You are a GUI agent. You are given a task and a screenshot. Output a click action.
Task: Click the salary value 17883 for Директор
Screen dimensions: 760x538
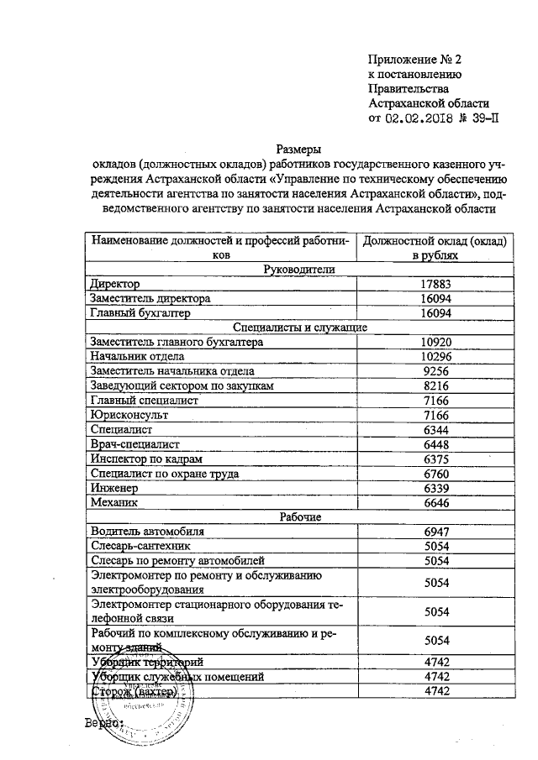click(435, 285)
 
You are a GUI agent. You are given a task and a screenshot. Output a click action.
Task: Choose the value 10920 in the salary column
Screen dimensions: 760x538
click(435, 343)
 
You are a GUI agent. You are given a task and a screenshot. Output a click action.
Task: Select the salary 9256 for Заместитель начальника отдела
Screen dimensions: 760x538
click(435, 371)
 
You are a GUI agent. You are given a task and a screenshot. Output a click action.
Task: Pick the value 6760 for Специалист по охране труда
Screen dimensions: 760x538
click(435, 474)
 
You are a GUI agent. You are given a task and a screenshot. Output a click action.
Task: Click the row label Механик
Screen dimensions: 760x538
click(113, 502)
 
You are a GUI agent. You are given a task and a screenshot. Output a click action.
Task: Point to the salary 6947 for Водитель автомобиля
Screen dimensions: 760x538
click(435, 532)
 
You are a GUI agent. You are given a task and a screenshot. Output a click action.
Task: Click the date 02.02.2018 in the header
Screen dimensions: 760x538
click(419, 118)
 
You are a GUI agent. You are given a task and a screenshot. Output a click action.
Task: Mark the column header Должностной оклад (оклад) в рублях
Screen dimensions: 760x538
click(434, 247)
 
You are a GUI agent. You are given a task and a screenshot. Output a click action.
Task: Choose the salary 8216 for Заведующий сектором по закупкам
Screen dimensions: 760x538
click(435, 386)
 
